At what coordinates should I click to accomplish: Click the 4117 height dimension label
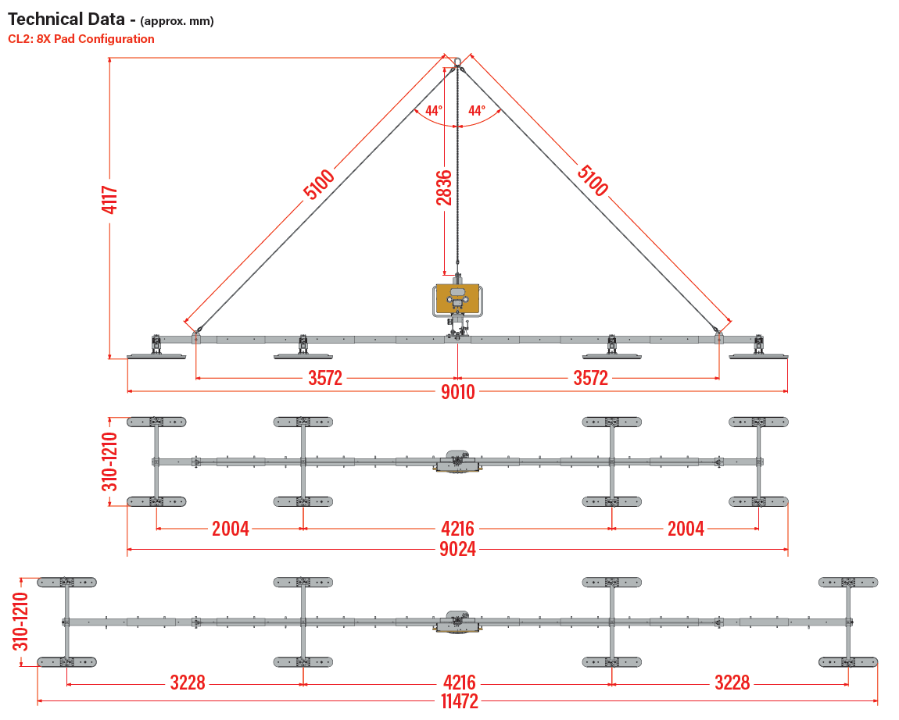pos(109,199)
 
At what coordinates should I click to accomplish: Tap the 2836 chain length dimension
pos(444,188)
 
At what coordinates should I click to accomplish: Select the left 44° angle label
pos(433,110)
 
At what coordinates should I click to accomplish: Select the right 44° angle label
pos(477,110)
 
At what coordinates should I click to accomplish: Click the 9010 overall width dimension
pos(457,392)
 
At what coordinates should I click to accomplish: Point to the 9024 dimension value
pos(457,549)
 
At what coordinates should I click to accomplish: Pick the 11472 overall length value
pos(459,701)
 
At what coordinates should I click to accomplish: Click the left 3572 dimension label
pos(325,378)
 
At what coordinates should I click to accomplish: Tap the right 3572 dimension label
pos(590,378)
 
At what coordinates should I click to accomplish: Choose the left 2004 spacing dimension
pos(231,529)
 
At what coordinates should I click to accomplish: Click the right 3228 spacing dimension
pos(732,683)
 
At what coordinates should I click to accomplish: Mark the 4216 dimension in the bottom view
pos(459,683)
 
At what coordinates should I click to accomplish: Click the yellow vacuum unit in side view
pos(457,299)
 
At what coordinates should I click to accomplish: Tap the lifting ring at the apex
pos(457,61)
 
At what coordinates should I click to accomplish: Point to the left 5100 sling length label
pos(319,184)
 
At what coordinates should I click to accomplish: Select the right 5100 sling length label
pos(593,180)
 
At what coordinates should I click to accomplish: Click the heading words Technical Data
pos(66,20)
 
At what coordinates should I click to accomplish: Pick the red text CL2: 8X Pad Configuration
pos(81,39)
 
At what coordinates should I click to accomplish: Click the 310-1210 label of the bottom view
pos(20,622)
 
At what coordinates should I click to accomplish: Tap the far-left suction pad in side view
pos(156,356)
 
